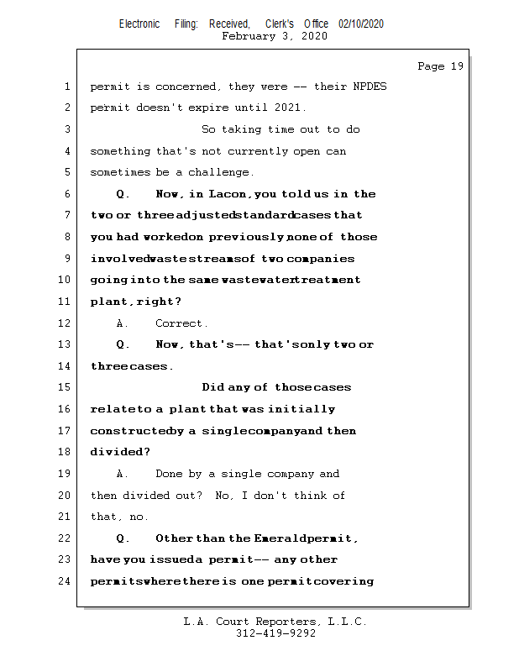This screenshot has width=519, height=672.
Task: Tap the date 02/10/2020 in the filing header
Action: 361,24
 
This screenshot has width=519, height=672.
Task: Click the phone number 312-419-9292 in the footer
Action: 275,634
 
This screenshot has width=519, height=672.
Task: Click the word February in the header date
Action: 248,36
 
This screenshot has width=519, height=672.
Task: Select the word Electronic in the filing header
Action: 139,24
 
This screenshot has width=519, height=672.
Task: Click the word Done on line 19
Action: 169,474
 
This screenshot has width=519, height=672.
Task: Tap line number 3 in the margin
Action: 67,129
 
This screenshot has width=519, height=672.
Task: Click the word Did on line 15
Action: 213,387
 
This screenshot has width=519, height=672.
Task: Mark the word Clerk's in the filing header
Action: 280,24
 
